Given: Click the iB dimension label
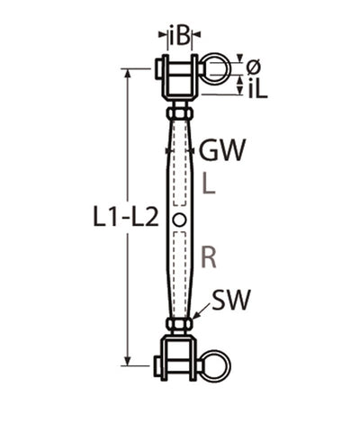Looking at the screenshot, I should click(180, 36).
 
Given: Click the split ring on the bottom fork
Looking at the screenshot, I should click(217, 369).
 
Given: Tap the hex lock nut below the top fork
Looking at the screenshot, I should click(180, 114).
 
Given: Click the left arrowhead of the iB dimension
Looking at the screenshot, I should click(162, 36).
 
